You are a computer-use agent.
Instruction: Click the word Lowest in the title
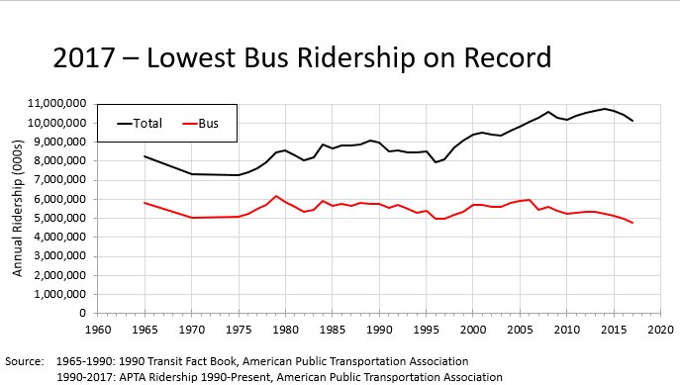(x=192, y=59)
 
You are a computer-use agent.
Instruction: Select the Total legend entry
(x=147, y=124)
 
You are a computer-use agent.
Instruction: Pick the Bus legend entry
(x=207, y=124)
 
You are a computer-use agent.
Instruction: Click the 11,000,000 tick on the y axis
(x=55, y=103)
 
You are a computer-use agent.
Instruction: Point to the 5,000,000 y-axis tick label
(x=58, y=218)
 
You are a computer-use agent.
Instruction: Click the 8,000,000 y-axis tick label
(x=58, y=160)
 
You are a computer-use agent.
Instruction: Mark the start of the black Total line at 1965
(x=146, y=155)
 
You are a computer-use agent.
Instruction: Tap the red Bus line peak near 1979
(x=276, y=196)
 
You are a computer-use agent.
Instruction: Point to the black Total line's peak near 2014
(x=604, y=109)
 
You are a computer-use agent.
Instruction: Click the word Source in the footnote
(x=24, y=361)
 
